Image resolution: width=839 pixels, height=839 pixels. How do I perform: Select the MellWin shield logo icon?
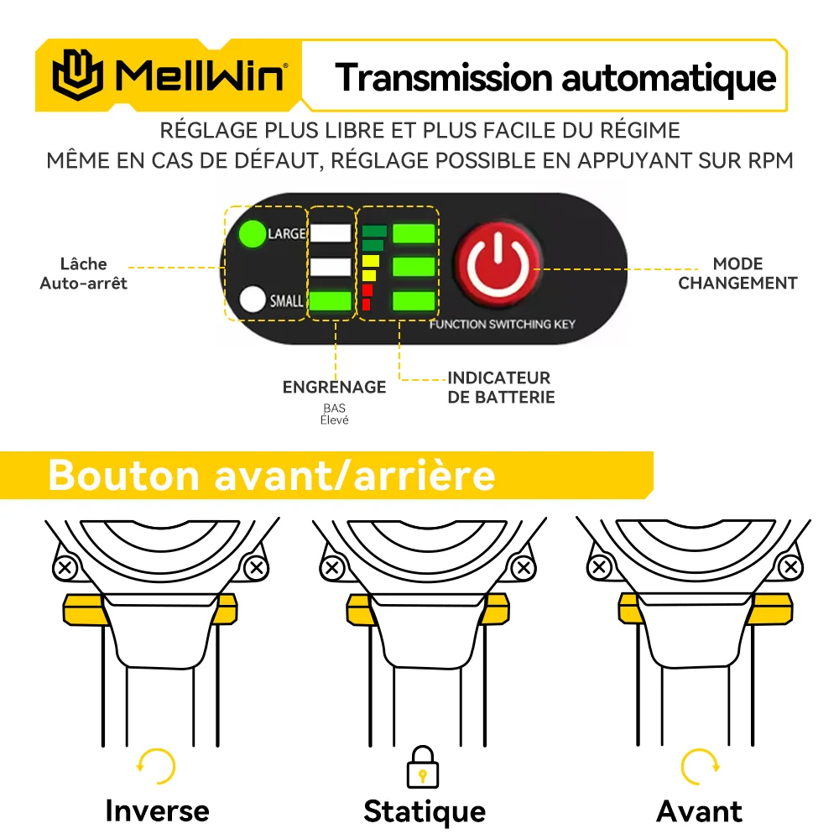coord(78,76)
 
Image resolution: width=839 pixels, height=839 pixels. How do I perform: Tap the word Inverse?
coord(157,811)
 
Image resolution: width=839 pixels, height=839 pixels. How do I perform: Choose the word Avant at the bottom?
coord(699,811)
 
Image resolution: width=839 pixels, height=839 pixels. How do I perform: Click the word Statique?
coord(424,811)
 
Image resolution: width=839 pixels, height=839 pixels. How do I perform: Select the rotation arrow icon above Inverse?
coord(157,766)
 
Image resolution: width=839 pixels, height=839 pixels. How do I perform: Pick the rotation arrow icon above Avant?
coord(699,766)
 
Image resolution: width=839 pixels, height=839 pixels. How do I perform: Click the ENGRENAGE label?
coord(334,387)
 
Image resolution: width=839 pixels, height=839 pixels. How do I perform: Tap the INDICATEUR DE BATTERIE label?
coord(500,388)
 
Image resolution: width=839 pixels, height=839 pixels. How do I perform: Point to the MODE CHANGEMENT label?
coord(737,274)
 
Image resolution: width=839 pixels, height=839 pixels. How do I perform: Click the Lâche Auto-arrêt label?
coord(84,274)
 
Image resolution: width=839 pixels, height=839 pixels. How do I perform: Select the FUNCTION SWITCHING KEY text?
coord(502,324)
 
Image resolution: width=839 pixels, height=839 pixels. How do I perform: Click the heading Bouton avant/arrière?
coord(271,476)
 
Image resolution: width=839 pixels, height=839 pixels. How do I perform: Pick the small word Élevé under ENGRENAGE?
coord(334,419)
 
